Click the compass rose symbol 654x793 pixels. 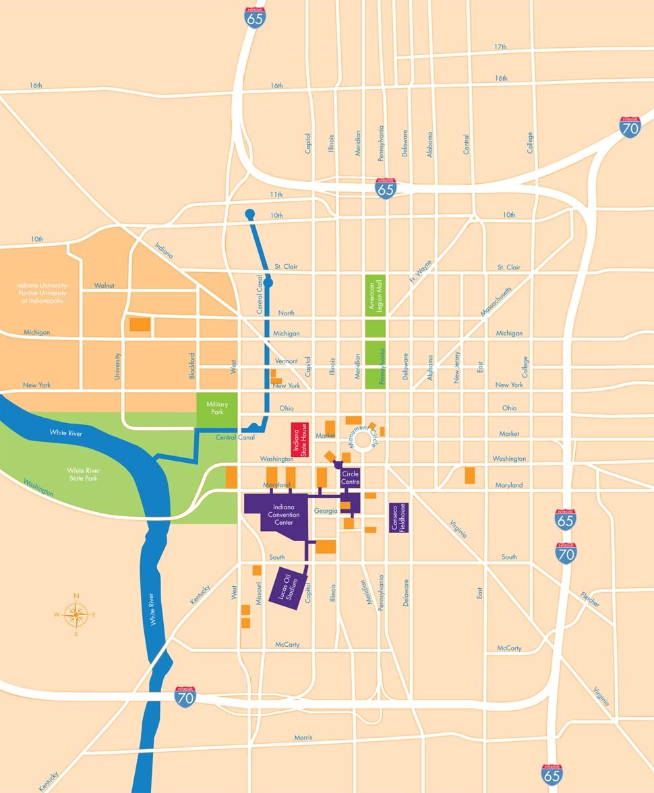point(76,614)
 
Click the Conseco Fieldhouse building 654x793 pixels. point(399,517)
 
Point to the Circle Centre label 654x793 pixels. point(351,478)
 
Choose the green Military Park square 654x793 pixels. point(217,408)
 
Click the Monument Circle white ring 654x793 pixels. point(363,441)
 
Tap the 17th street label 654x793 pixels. point(500,47)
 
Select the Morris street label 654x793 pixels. point(303,738)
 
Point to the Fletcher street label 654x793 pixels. point(589,598)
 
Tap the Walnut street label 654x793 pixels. point(104,286)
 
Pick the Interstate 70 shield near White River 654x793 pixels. point(185,697)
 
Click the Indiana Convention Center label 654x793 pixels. point(282,514)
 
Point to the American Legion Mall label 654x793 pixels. point(375,295)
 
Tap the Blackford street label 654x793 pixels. point(192,366)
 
